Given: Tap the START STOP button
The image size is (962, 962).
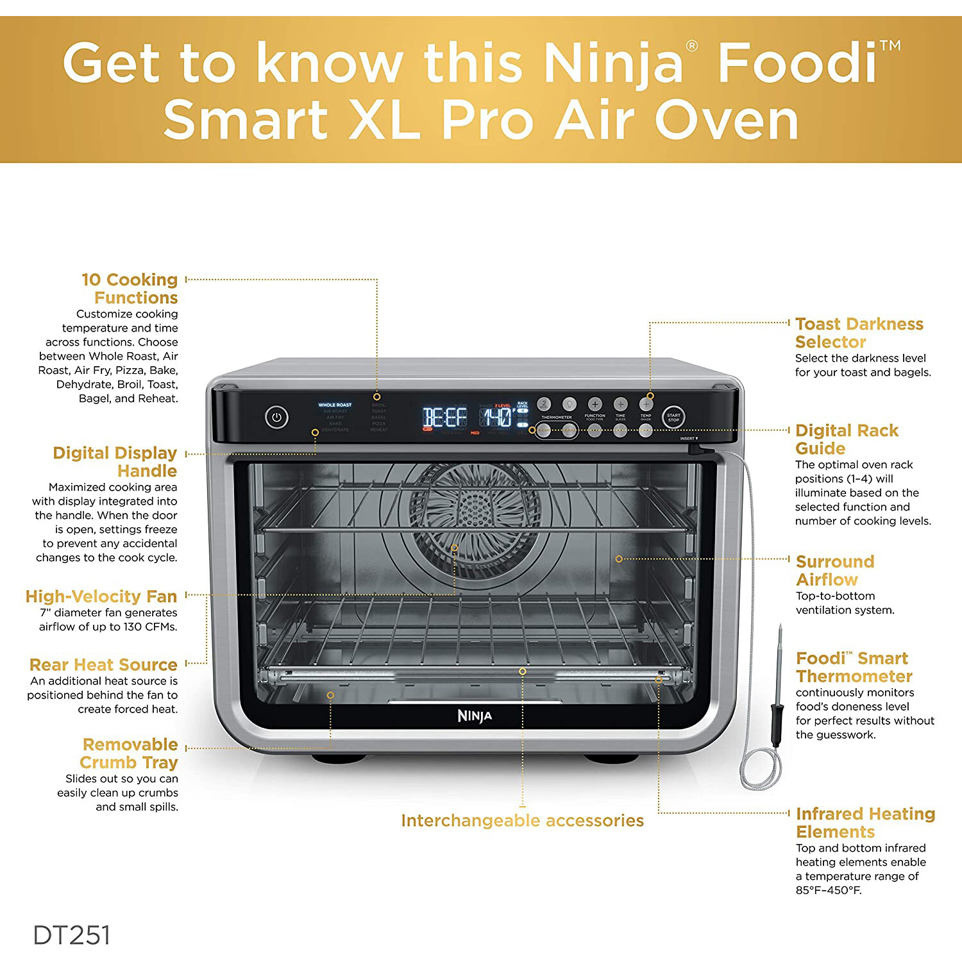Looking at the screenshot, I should (673, 418).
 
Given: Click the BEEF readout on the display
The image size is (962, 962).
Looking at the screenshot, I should (444, 418).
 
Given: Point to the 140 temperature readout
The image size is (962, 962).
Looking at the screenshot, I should (497, 418).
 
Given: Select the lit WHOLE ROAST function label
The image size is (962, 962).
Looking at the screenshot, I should (335, 405).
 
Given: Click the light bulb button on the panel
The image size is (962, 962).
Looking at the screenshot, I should (569, 404).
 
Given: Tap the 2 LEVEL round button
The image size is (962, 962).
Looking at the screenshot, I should (543, 404).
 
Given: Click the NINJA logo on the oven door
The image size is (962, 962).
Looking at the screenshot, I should (475, 716).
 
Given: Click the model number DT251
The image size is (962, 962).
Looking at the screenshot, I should (72, 935).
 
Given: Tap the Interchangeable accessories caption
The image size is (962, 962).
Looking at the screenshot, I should (522, 820).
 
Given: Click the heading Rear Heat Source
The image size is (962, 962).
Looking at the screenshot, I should (103, 664).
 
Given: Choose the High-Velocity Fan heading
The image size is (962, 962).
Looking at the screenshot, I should (101, 596).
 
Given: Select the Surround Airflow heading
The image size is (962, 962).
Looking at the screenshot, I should (834, 570).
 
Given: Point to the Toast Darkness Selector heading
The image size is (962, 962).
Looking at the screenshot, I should (859, 332).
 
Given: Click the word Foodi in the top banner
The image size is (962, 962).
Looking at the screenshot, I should (797, 63).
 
